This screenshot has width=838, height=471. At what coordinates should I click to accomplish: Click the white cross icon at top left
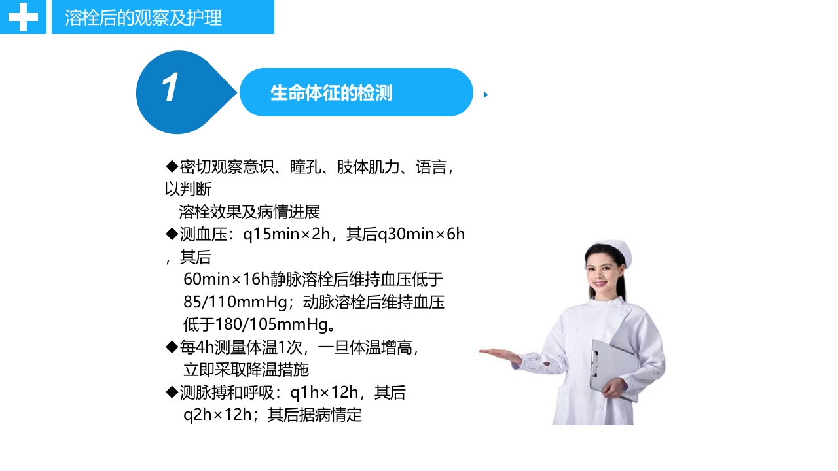pyautogui.click(x=23, y=17)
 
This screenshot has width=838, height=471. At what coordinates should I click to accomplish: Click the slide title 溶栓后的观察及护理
pyautogui.click(x=143, y=18)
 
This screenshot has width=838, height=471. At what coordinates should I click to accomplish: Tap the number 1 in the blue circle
pyautogui.click(x=170, y=88)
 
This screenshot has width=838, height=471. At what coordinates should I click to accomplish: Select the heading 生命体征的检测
pyautogui.click(x=331, y=93)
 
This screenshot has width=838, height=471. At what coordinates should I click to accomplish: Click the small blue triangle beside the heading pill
pyautogui.click(x=486, y=95)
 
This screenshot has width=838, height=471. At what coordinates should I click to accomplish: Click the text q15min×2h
pyautogui.click(x=287, y=234)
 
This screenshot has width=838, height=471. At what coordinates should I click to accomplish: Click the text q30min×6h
pyautogui.click(x=421, y=234)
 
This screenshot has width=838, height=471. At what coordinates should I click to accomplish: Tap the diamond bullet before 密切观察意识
pyautogui.click(x=172, y=167)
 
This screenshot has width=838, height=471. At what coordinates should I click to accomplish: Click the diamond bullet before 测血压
pyautogui.click(x=172, y=234)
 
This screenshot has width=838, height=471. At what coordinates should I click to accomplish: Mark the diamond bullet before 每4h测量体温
pyautogui.click(x=172, y=347)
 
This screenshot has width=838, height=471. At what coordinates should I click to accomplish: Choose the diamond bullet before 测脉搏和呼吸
pyautogui.click(x=172, y=392)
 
